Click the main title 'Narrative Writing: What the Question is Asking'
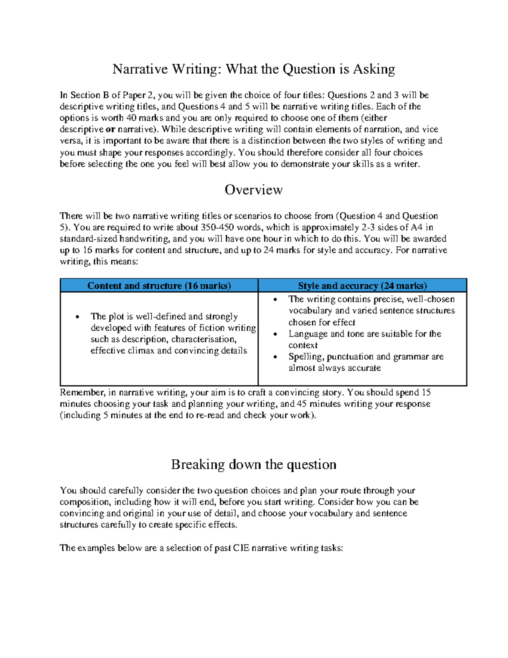coord(254,69)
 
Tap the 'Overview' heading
coord(254,190)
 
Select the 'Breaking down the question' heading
coord(254,464)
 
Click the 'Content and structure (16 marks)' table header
coord(159,286)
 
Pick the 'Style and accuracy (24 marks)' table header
coord(362,286)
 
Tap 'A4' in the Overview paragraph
coord(417,227)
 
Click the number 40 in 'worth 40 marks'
coord(131,118)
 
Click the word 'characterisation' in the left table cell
coord(203,339)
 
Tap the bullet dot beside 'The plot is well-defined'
coord(77,317)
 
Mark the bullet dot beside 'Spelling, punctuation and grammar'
coord(275,357)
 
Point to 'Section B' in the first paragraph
coord(90,95)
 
